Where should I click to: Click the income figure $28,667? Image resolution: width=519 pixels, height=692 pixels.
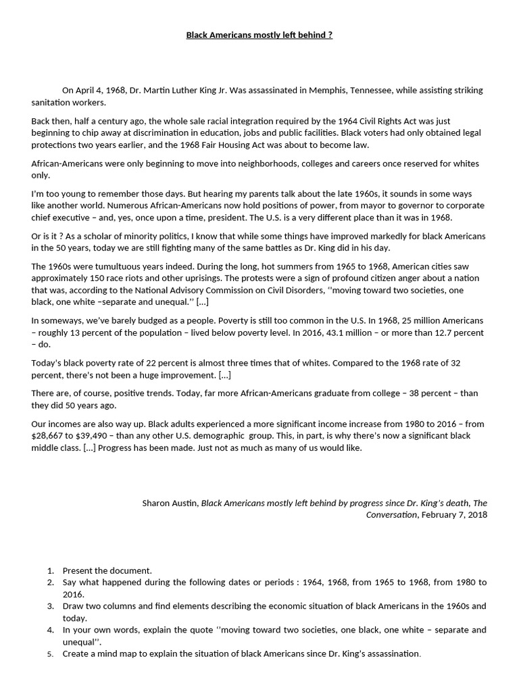click(x=51, y=436)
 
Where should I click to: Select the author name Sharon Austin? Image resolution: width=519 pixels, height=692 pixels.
click(x=170, y=503)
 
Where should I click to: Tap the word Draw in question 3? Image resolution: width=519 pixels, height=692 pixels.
click(x=74, y=605)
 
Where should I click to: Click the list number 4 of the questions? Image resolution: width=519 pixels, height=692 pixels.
click(x=50, y=630)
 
